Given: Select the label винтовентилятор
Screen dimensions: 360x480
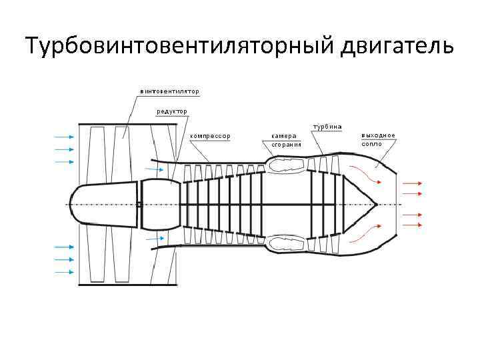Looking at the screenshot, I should click(169, 91).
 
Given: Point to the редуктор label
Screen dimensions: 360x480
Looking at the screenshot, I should click(172, 111).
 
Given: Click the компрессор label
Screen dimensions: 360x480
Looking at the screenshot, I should click(210, 136).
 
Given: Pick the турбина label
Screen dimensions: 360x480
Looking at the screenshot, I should click(328, 127).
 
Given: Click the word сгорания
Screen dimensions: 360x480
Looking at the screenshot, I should click(287, 144).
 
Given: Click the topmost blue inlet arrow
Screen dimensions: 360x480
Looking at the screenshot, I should click(64, 136).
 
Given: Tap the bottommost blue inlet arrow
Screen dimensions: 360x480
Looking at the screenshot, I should click(64, 271).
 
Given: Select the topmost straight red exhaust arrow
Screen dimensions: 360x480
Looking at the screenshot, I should click(413, 181).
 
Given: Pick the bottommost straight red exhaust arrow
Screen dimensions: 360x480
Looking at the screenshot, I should click(413, 225).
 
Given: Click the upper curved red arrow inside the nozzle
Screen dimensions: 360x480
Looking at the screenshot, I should click(366, 174).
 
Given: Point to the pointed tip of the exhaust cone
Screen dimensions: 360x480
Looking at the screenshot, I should click(376, 204).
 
